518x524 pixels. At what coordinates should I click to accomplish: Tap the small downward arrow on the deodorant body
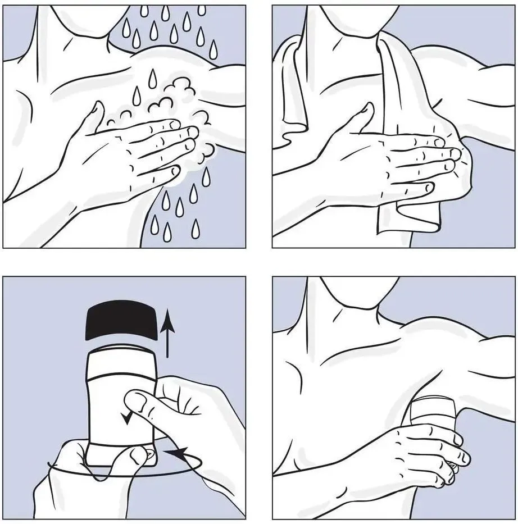129,416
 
